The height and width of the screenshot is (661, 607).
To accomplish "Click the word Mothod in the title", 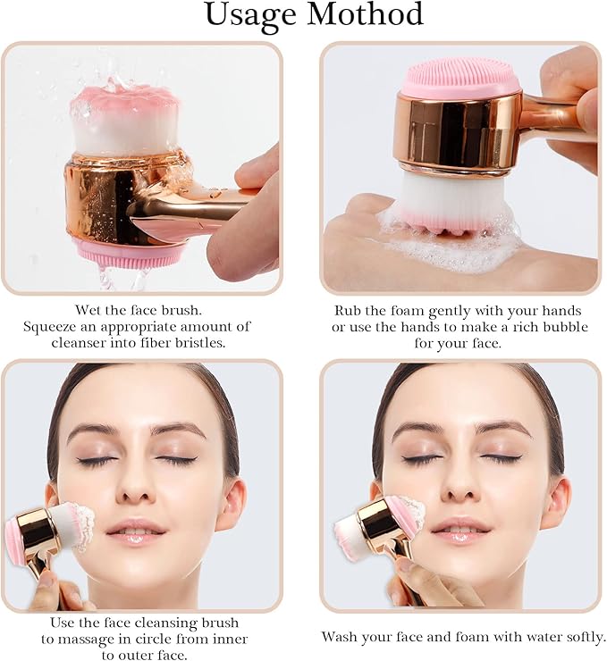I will pyautogui.click(x=361, y=15).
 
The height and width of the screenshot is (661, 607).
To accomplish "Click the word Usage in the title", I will pyautogui.click(x=247, y=16).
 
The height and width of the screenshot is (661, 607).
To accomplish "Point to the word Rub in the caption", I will pyautogui.click(x=349, y=311).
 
